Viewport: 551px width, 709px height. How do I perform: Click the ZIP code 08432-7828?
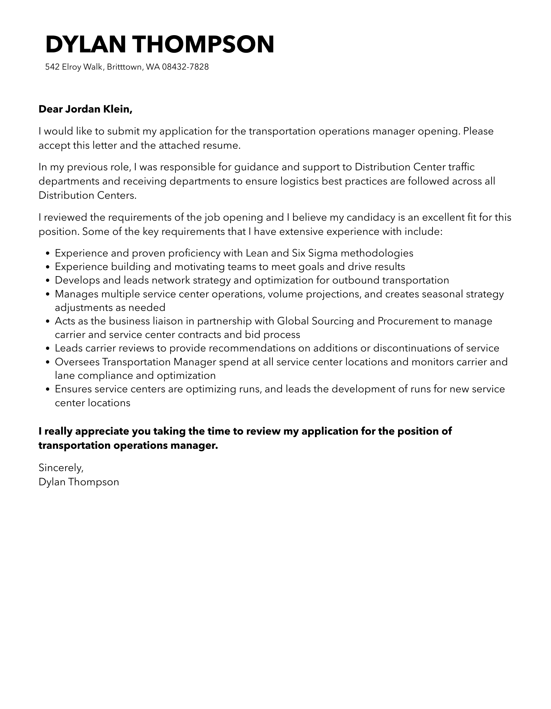[185, 67]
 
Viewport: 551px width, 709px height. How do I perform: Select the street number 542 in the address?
[52, 67]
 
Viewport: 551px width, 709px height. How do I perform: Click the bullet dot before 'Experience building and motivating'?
[47, 267]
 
